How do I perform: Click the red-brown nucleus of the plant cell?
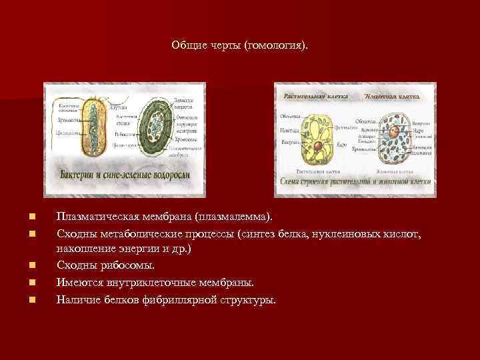click(x=321, y=145)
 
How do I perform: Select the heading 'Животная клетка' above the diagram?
click(x=392, y=96)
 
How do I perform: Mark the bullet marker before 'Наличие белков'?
click(x=31, y=299)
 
